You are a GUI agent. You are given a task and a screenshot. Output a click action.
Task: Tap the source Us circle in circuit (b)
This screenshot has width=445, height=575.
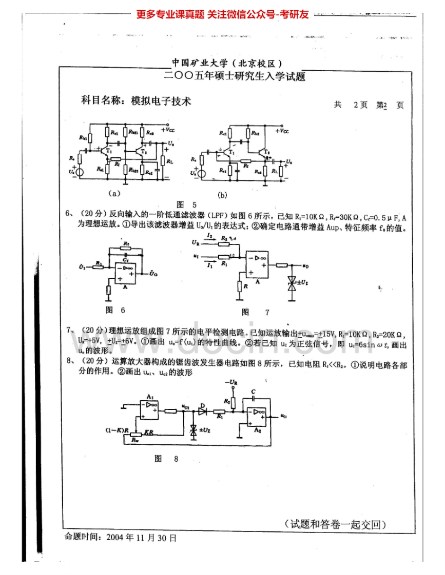coord(202,173)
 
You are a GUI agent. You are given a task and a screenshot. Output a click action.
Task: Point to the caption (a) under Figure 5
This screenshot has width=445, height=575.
coord(114,194)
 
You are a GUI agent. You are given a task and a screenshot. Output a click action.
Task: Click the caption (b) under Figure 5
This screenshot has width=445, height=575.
coord(222,195)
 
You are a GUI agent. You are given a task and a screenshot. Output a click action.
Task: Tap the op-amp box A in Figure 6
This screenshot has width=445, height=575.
coord(125,272)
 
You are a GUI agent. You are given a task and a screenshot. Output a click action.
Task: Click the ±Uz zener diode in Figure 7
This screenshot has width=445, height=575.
coord(293,283)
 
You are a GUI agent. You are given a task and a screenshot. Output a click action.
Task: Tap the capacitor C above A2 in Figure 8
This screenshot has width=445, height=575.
coord(253,398)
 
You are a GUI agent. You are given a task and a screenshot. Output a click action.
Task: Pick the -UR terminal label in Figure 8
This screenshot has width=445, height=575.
coord(231,382)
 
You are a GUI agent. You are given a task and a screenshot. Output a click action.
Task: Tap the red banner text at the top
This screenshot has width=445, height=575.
coord(222,14)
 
